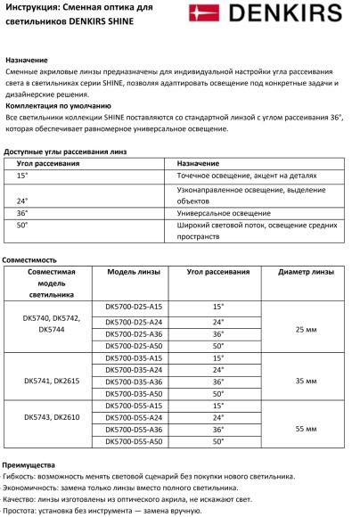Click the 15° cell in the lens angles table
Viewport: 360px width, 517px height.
pyautogui.click(x=22, y=176)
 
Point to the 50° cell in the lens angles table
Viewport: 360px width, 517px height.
pyautogui.click(x=22, y=226)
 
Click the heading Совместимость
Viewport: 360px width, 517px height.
pyautogui.click(x=29, y=258)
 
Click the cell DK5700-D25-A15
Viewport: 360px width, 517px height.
pyautogui.click(x=134, y=306)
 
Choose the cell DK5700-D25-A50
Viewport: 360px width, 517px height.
pyautogui.click(x=134, y=344)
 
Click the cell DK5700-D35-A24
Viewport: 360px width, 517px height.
pyautogui.click(x=134, y=368)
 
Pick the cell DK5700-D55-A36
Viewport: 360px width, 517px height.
pyautogui.click(x=134, y=429)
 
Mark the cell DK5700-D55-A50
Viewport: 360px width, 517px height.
pyautogui.click(x=134, y=440)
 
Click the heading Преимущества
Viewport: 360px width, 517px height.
pyautogui.click(x=29, y=464)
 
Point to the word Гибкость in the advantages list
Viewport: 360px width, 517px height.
pyautogui.click(x=21, y=476)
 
